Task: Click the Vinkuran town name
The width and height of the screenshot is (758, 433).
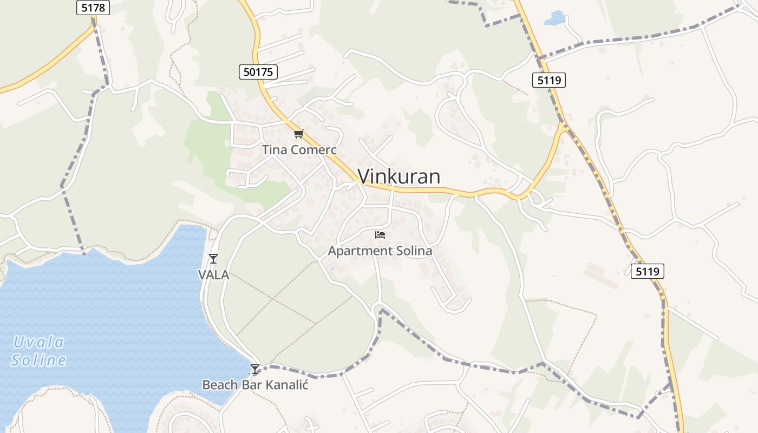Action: [399, 176]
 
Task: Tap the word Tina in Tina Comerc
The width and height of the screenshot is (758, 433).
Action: [275, 150]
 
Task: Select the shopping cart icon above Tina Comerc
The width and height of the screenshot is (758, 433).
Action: [298, 134]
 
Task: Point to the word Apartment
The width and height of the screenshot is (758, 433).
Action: [360, 251]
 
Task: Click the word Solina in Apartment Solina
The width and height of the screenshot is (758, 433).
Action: [414, 251]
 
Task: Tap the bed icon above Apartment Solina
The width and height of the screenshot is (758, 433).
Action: [380, 235]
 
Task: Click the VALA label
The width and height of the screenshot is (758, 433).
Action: [214, 275]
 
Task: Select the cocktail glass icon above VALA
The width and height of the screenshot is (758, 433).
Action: [214, 259]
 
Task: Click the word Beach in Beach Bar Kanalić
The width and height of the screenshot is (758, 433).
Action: [220, 385]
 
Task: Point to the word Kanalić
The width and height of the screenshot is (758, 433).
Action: [286, 385]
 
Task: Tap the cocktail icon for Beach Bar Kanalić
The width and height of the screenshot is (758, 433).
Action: [255, 369]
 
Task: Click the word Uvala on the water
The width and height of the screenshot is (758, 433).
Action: [39, 342]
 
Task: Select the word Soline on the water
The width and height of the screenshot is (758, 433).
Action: [38, 360]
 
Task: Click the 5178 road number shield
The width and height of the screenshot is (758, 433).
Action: [93, 8]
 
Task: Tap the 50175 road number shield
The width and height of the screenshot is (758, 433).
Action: [258, 71]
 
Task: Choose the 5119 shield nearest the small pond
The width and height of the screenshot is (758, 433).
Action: [549, 81]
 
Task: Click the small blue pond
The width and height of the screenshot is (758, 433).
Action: [555, 18]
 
